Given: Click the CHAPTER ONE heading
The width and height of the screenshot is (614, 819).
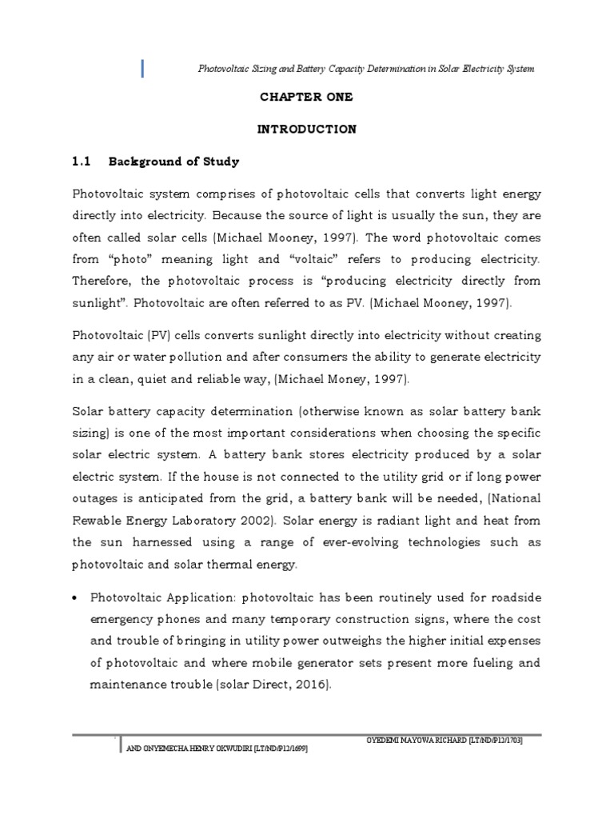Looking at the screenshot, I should click(x=306, y=97).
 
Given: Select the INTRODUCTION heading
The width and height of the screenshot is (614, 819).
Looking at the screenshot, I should click(x=306, y=129).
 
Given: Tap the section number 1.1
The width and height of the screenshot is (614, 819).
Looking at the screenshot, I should click(x=83, y=162).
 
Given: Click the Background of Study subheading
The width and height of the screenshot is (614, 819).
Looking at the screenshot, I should click(x=173, y=162).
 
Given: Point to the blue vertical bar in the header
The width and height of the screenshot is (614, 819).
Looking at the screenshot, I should click(x=142, y=69).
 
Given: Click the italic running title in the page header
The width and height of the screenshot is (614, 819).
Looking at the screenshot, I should click(x=366, y=69).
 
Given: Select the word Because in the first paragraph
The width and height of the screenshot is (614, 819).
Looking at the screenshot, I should click(x=238, y=216).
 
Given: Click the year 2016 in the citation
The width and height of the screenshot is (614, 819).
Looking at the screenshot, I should click(x=311, y=685).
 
